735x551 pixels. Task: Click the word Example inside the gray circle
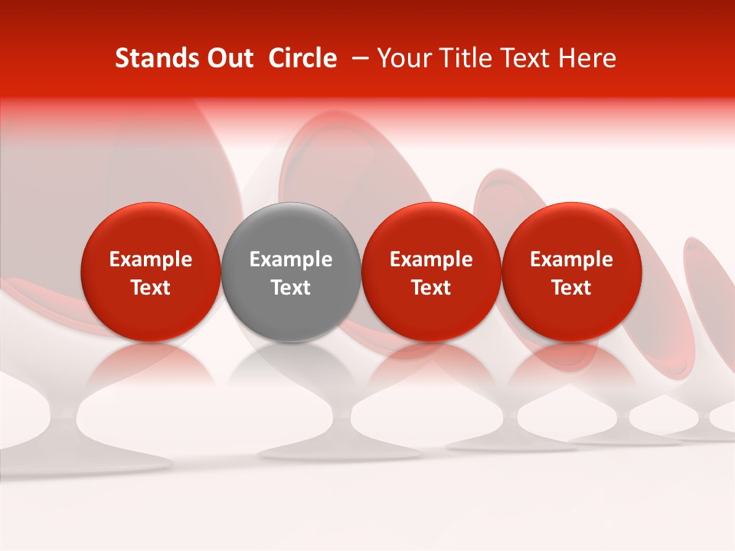(291, 259)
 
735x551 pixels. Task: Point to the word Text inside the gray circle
(291, 288)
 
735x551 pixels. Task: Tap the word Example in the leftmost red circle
(151, 259)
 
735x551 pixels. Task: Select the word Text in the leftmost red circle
(151, 288)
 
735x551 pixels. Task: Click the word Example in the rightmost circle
(571, 259)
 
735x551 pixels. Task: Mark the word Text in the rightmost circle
(571, 288)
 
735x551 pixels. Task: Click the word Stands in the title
(152, 58)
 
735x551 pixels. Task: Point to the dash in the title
(357, 58)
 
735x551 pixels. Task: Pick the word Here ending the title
(590, 58)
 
